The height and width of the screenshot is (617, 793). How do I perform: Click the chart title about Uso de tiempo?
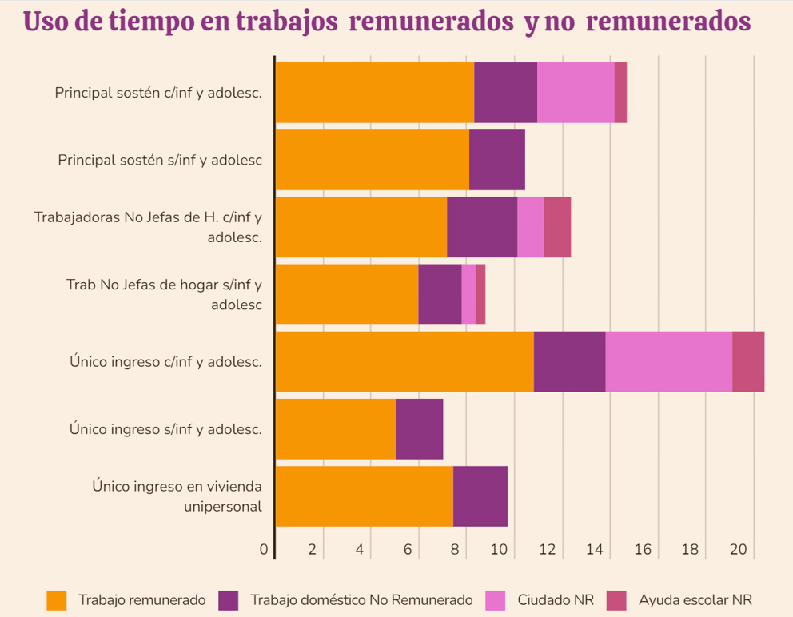(387, 22)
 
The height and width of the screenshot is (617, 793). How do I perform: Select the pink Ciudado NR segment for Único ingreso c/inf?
(668, 361)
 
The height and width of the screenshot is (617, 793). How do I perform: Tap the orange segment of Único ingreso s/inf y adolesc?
(335, 428)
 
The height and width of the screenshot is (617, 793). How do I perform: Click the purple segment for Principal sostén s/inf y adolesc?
(496, 160)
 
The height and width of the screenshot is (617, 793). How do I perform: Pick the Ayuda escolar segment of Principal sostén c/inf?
(620, 93)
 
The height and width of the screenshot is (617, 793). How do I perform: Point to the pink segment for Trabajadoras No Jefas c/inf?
(530, 227)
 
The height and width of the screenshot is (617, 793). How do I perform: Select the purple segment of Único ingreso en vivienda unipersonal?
(480, 496)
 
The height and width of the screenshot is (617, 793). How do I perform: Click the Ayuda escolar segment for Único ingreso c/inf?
(748, 361)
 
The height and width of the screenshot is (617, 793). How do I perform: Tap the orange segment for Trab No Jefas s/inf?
(346, 294)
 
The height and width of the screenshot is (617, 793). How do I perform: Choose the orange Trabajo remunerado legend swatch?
(57, 600)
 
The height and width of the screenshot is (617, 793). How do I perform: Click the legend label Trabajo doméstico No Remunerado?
(361, 600)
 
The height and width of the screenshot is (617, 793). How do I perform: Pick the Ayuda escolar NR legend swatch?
(616, 600)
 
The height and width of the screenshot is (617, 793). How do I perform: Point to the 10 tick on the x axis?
(499, 550)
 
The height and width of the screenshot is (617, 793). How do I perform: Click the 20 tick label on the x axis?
(738, 550)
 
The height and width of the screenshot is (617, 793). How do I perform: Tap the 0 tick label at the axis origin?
(264, 550)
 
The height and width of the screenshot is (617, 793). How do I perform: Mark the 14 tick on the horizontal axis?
(595, 550)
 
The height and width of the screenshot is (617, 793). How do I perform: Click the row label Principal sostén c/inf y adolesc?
(158, 93)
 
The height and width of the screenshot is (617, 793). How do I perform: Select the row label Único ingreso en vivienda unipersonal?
(177, 496)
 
